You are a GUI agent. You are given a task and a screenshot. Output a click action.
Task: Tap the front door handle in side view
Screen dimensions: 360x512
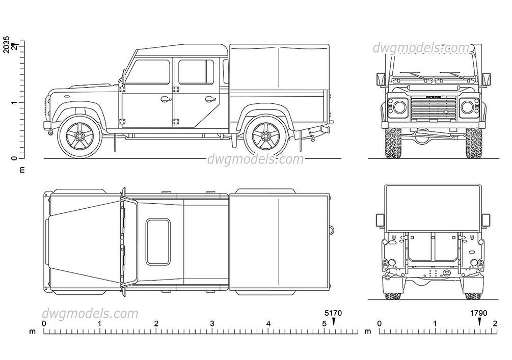click(165, 99)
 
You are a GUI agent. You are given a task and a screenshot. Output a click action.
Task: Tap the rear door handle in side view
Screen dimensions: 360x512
click(209, 99)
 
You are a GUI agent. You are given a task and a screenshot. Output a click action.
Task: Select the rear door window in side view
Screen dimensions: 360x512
click(196, 72)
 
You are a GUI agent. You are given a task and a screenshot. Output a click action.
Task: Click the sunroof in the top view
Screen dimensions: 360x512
click(158, 242)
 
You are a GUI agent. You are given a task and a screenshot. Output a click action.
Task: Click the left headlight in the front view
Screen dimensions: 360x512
click(398, 107)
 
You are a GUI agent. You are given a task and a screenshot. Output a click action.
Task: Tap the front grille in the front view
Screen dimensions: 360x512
click(433, 108)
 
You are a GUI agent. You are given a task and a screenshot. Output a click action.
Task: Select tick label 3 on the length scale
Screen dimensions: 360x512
click(212, 324)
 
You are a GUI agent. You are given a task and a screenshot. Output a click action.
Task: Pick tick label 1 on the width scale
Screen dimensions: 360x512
click(435, 324)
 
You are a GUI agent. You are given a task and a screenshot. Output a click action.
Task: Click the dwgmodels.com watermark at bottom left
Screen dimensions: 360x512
click(90, 314)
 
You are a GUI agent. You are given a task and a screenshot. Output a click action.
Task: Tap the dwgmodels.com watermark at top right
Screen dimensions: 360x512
click(421, 48)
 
